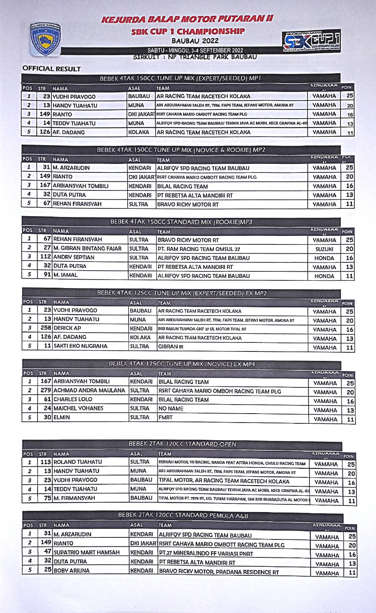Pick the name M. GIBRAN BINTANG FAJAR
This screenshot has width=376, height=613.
tap(87, 248)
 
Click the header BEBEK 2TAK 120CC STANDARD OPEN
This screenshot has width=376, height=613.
tap(182, 444)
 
